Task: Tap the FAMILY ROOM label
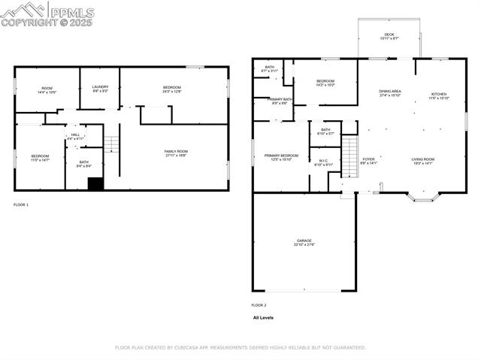tap(176, 153)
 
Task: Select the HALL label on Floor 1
tap(75, 137)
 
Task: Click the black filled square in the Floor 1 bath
tap(95, 183)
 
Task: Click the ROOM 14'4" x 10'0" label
tap(47, 89)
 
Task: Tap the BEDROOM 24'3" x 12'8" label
tap(172, 89)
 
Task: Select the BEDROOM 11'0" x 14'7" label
tap(40, 158)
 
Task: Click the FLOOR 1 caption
tap(21, 204)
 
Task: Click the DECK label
tap(389, 35)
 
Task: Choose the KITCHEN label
tap(438, 96)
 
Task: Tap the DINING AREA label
tap(390, 93)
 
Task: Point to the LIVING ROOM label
tap(422, 161)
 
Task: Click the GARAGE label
tap(304, 243)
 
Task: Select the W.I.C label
tap(323, 162)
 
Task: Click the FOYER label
tap(368, 161)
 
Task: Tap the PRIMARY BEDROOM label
tap(281, 157)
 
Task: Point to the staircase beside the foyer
tap(349, 156)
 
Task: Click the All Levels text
tap(263, 318)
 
